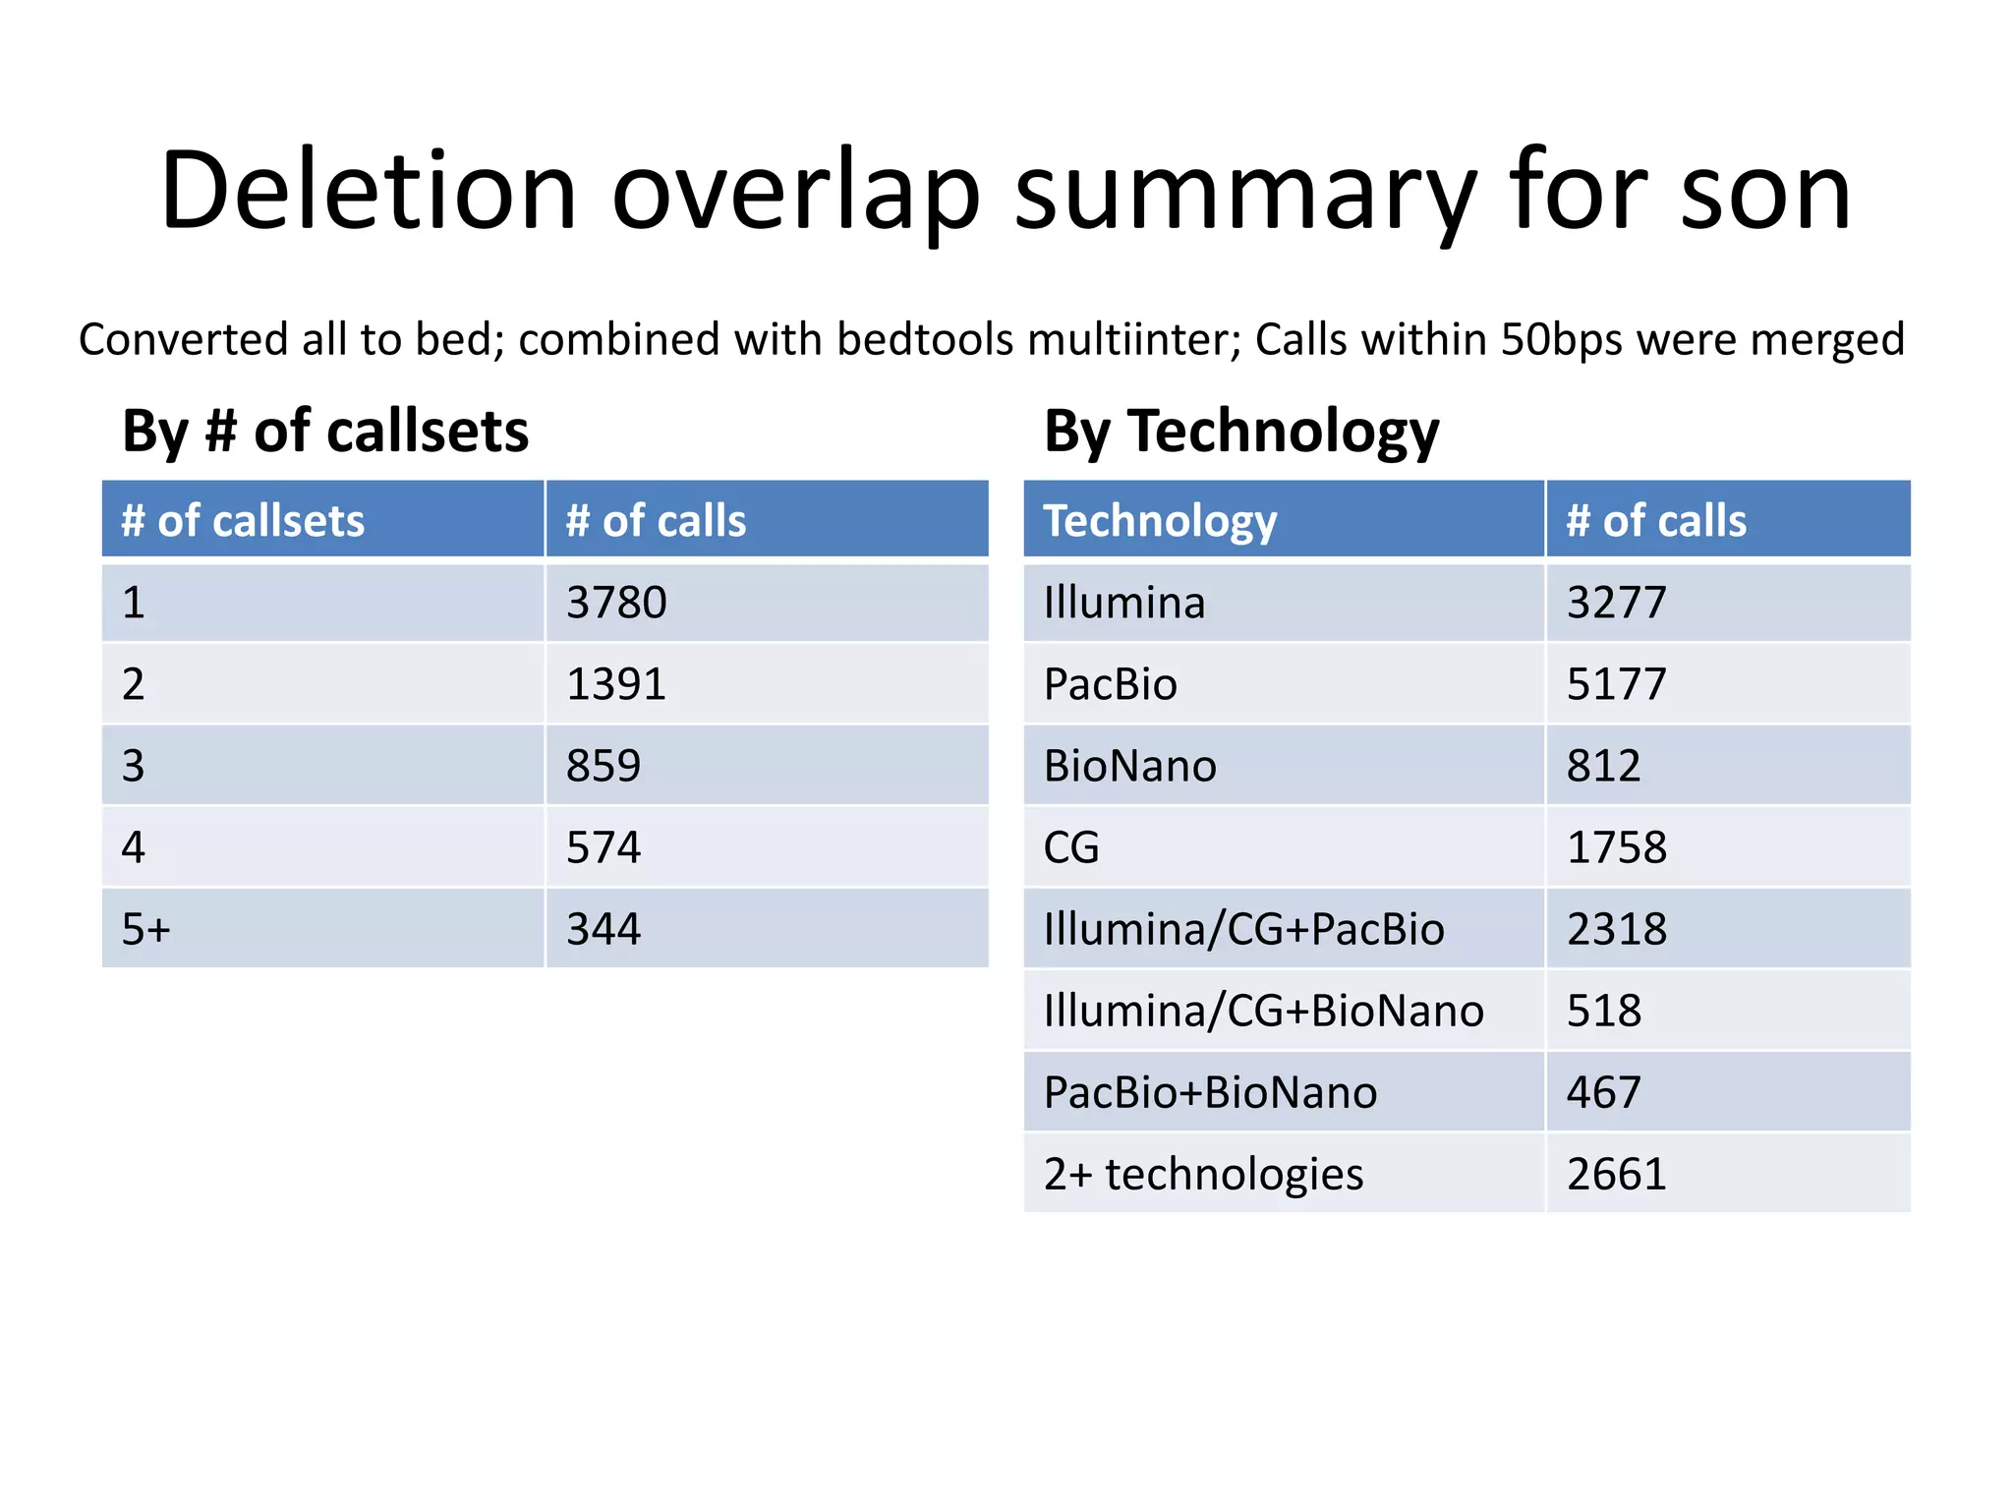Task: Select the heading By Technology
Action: pos(1240,432)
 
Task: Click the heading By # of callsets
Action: pos(325,432)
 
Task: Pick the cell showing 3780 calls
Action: pos(616,603)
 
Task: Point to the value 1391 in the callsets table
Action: pos(616,684)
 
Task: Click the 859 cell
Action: pos(603,766)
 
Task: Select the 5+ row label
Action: pos(145,929)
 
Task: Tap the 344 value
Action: pos(603,929)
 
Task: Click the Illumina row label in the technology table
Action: pos(1123,603)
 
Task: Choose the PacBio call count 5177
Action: pos(1616,684)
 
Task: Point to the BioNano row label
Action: pos(1129,766)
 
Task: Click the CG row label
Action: pos(1070,847)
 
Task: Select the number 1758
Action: pos(1616,847)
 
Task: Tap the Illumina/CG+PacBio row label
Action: pos(1243,929)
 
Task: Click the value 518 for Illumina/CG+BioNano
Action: pos(1603,1011)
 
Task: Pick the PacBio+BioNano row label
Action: pos(1210,1092)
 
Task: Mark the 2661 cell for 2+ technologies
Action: pos(1616,1174)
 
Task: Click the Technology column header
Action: pos(1160,521)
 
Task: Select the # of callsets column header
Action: pos(243,521)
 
